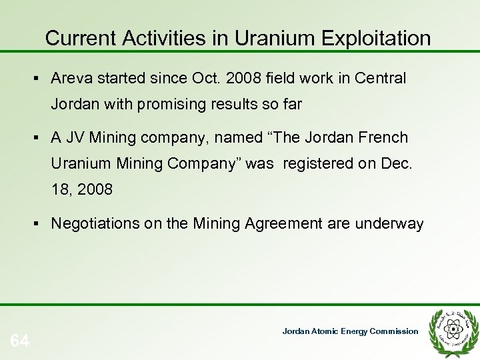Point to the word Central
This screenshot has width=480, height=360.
tap(381, 79)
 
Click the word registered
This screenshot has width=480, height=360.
tap(315, 163)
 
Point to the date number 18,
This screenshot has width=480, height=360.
tap(61, 189)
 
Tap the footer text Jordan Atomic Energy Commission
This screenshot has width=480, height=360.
tap(350, 331)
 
